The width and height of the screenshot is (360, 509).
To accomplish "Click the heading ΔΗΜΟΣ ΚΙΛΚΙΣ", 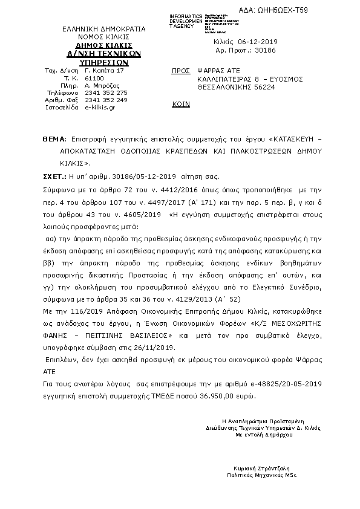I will (99, 45).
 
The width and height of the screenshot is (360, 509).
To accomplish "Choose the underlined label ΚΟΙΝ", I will (181, 104).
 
